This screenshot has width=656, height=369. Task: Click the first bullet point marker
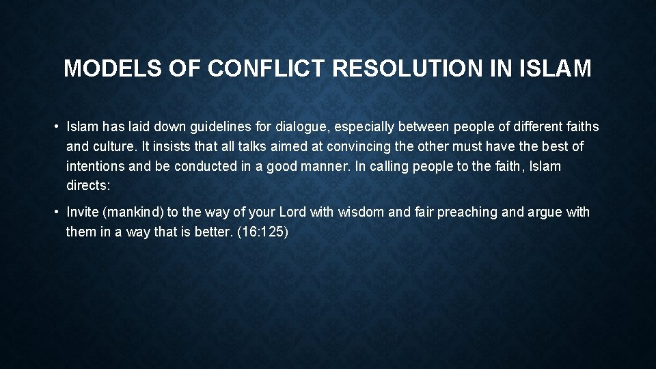[57, 126]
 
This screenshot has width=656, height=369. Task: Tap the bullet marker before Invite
[57, 212]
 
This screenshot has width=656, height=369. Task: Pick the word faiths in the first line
[579, 126]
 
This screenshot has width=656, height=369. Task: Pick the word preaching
[467, 212]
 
